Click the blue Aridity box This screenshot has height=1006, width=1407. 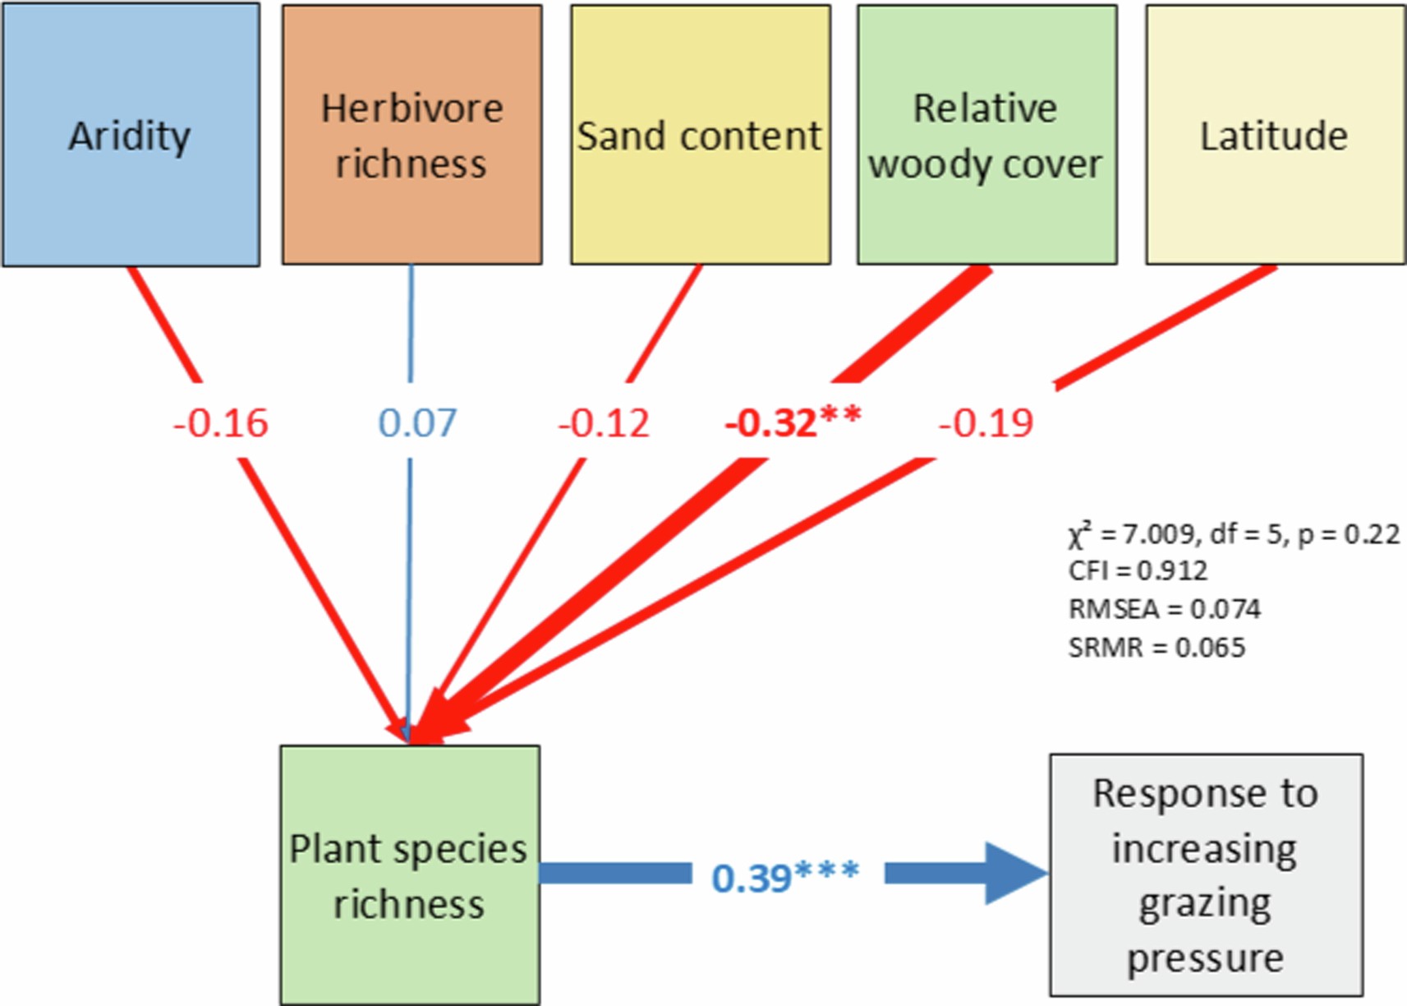(x=131, y=135)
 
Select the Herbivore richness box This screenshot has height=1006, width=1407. (x=412, y=135)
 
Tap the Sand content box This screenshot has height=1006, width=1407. (x=700, y=135)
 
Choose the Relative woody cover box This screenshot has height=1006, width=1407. (x=986, y=135)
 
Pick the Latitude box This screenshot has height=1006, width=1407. (x=1275, y=135)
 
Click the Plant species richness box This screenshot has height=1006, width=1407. (x=409, y=875)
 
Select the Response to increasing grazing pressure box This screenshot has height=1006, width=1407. (x=1205, y=875)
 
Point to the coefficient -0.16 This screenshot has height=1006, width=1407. (x=220, y=423)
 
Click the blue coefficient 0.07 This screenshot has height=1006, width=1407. (x=416, y=423)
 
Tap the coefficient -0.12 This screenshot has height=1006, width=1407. (x=604, y=423)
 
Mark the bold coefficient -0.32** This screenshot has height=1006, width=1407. (x=793, y=422)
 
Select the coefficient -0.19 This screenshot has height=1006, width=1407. (x=985, y=423)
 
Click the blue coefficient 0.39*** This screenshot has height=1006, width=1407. (x=784, y=876)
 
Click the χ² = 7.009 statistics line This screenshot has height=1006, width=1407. (x=1233, y=534)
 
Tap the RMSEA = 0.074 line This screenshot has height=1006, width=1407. (x=1164, y=609)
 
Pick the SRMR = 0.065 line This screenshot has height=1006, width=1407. (x=1156, y=648)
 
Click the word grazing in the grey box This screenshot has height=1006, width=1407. (x=1204, y=904)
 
